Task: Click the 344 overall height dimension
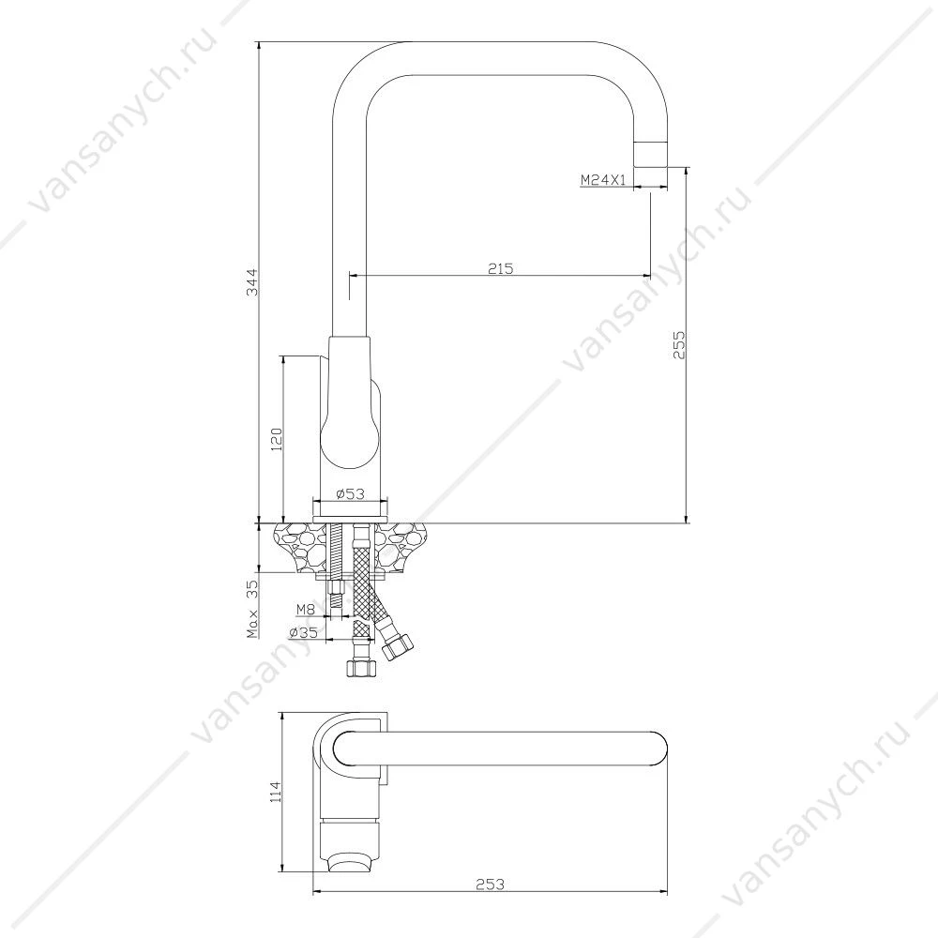(253, 281)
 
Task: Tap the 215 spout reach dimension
(501, 268)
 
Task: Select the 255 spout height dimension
(679, 344)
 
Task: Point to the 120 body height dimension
(277, 439)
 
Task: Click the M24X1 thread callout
(602, 179)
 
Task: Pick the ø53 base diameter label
(351, 493)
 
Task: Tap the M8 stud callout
(306, 610)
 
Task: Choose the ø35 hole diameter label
(303, 632)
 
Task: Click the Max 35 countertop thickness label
(253, 609)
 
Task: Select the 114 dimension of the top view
(275, 793)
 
